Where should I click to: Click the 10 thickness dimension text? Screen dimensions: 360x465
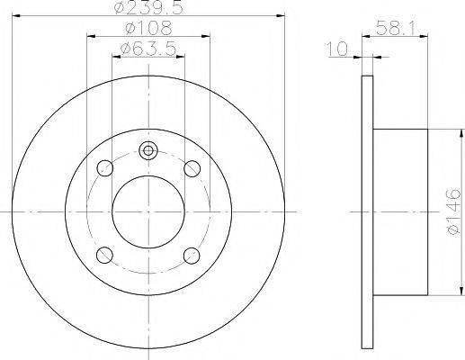tap(340, 49)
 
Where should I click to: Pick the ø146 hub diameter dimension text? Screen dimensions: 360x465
tap(452, 214)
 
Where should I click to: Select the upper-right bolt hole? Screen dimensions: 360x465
tap(192, 167)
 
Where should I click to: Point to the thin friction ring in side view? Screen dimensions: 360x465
tap(367, 211)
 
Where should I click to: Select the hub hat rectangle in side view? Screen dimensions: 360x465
tap(400, 211)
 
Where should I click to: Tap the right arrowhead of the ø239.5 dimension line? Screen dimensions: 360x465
tap(280, 17)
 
